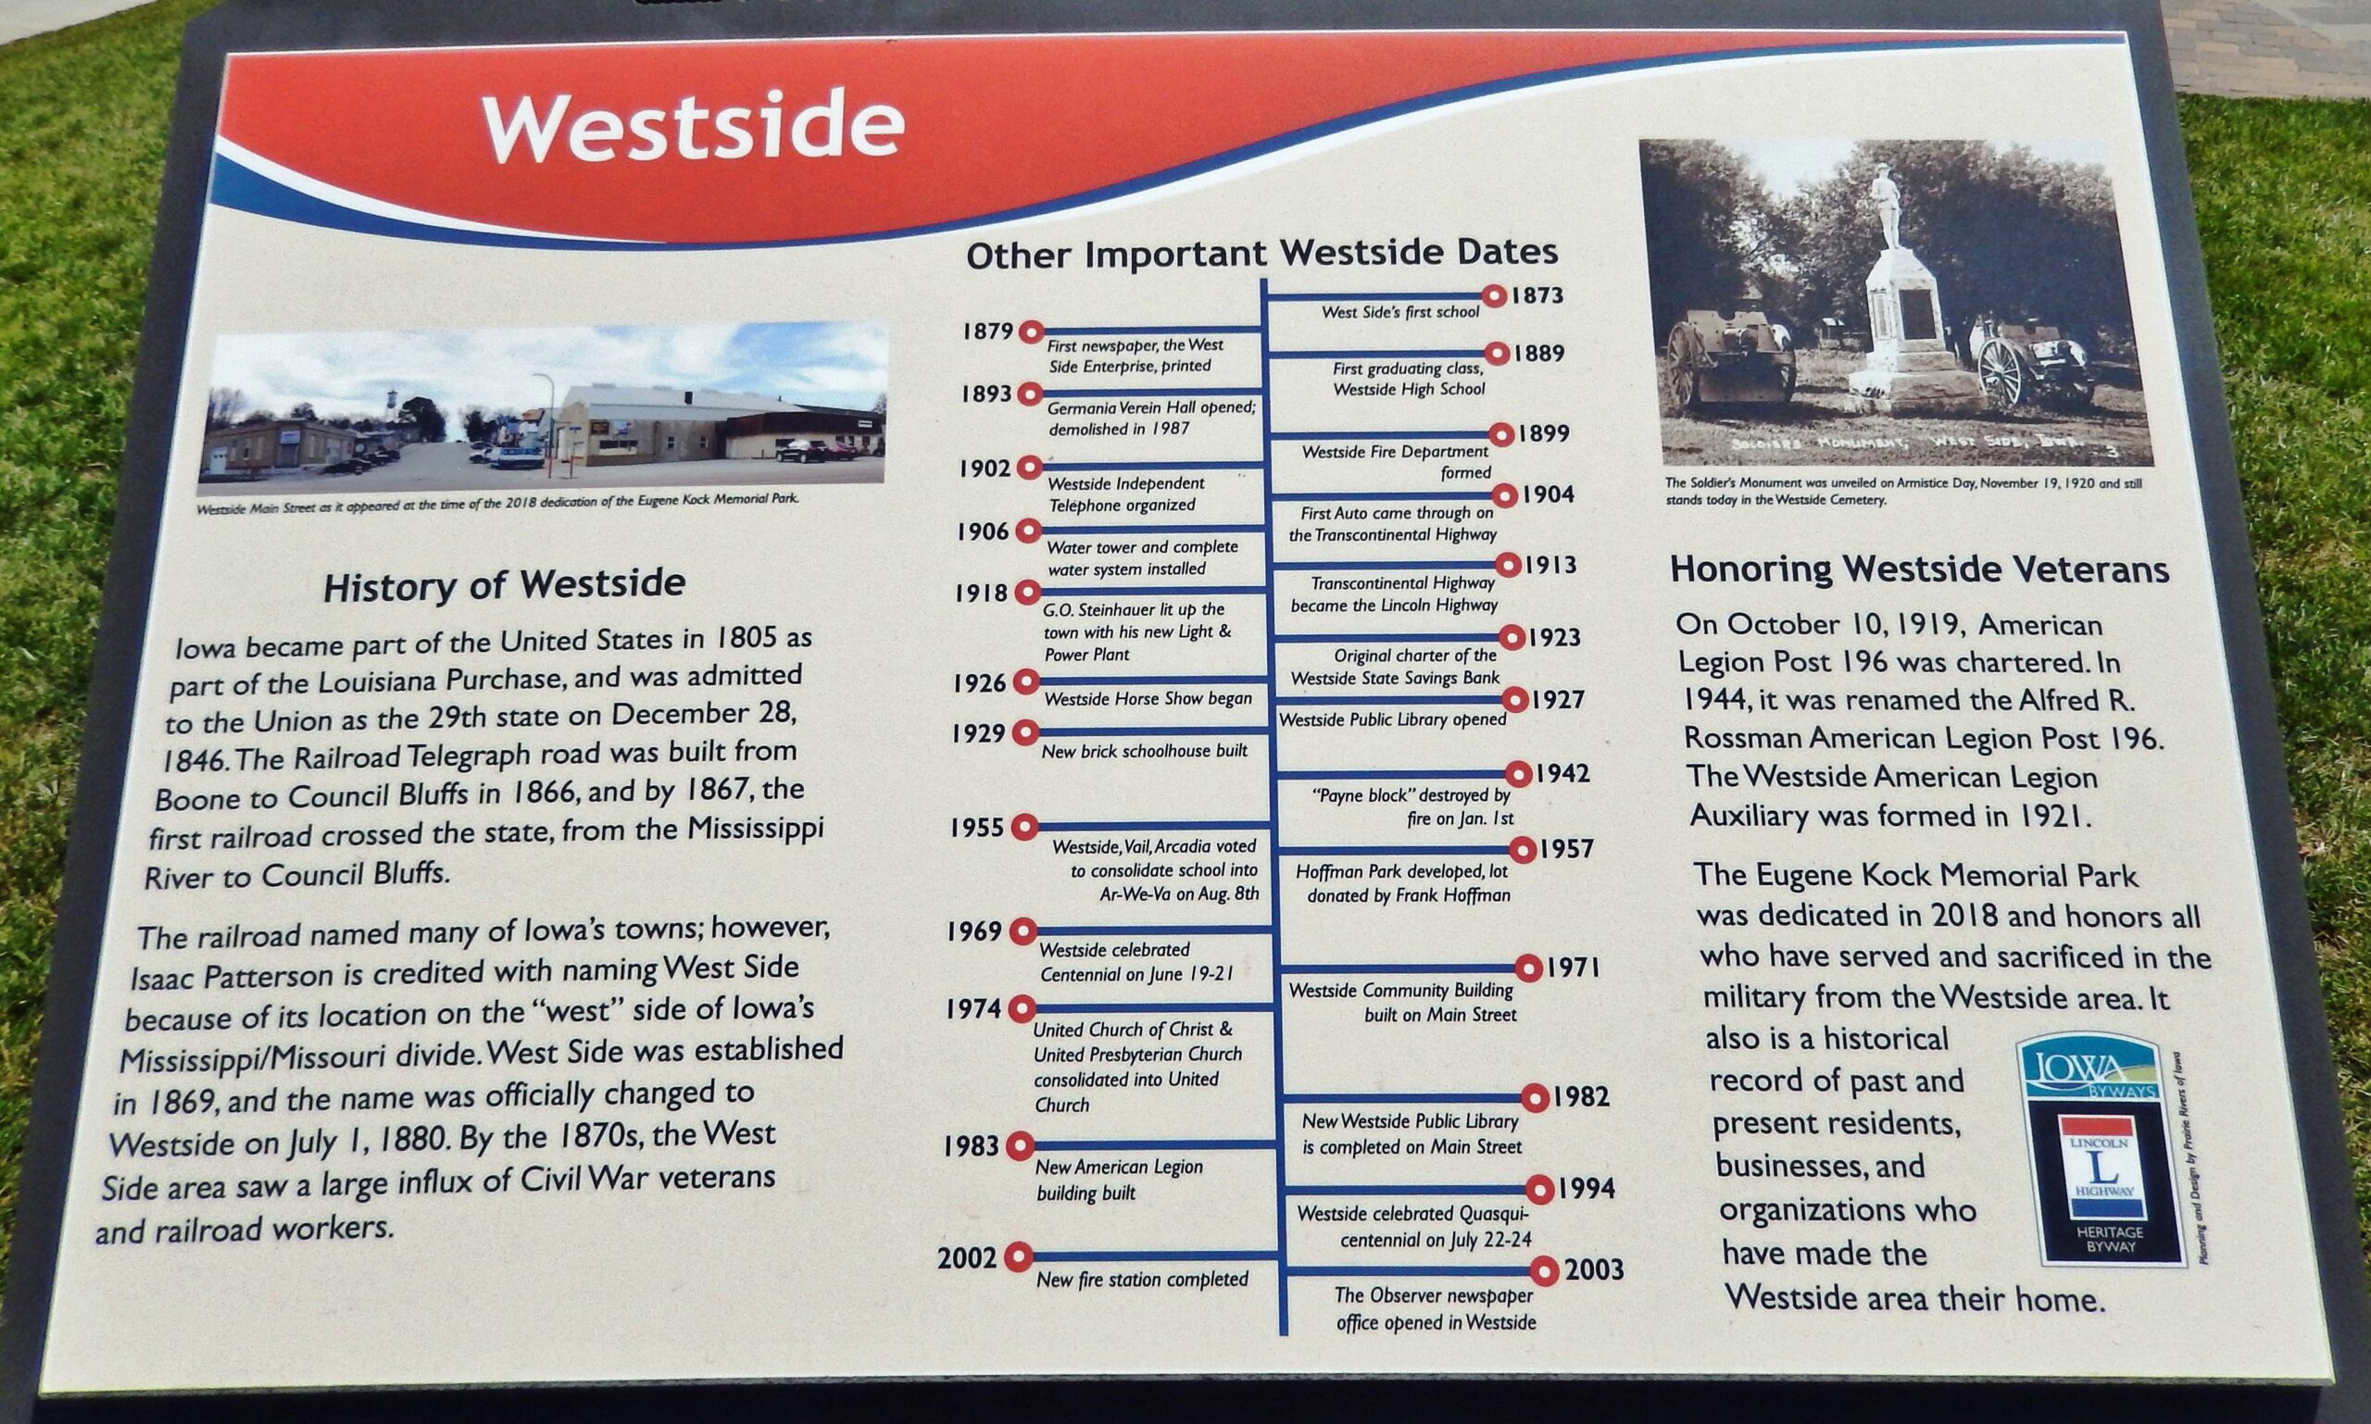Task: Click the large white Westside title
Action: [x=693, y=128]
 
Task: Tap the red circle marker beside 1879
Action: [x=1031, y=332]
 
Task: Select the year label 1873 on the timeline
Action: [x=1537, y=294]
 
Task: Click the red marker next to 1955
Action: [x=1024, y=825]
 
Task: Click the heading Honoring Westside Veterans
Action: [x=1919, y=569]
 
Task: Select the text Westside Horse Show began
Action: [x=1148, y=698]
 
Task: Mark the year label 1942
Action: [x=1562, y=773]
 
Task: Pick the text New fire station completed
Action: [x=1142, y=1280]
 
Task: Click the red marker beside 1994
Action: [x=1539, y=1191]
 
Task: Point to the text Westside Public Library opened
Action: [x=1393, y=718]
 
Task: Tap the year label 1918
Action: [x=981, y=593]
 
